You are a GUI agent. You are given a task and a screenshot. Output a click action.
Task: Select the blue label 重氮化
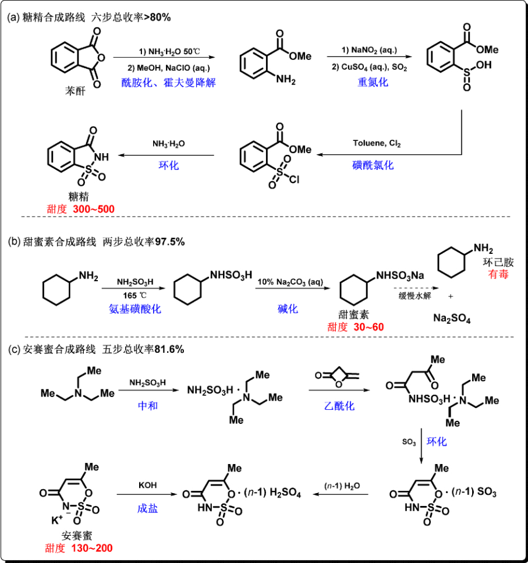coord(373,82)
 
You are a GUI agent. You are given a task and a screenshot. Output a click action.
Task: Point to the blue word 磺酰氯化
coord(374,165)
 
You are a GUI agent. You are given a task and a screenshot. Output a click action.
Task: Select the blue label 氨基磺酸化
coord(134,309)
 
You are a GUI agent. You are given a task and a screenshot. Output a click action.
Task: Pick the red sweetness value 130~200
coord(92,548)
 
